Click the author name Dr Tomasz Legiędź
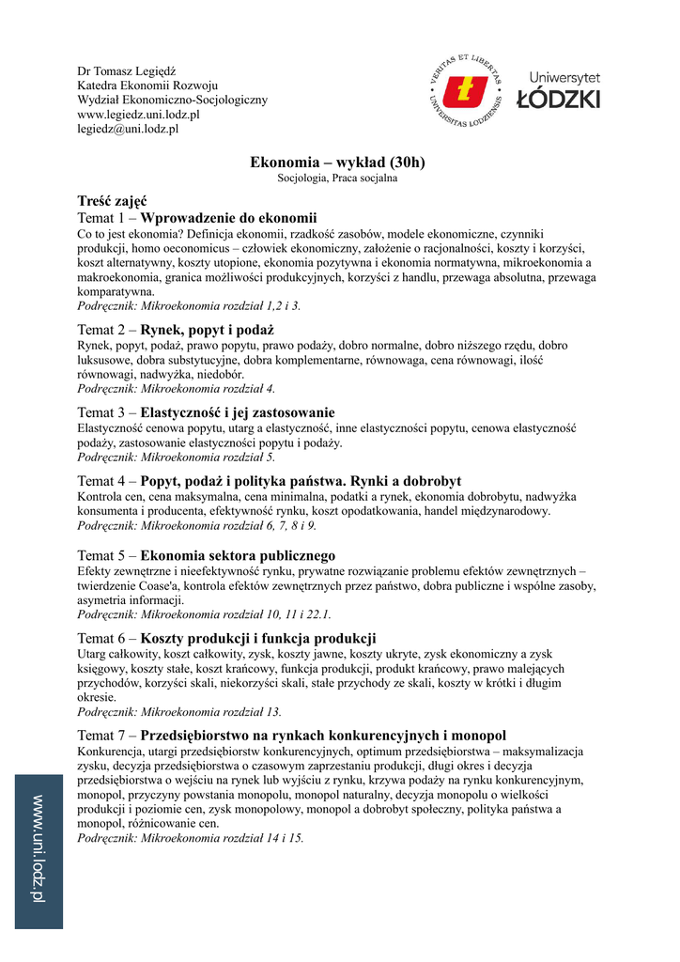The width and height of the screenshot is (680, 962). [132, 71]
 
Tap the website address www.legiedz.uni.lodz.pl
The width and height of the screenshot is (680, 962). [138, 115]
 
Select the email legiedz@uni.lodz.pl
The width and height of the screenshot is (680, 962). [128, 130]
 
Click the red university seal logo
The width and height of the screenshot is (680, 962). [464, 91]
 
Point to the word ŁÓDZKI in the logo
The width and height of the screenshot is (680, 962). [564, 100]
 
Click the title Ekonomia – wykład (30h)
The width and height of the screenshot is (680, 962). [337, 163]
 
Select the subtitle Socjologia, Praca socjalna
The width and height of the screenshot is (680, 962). [337, 178]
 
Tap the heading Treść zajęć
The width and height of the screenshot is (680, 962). [112, 201]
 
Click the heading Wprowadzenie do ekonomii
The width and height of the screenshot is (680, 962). [229, 217]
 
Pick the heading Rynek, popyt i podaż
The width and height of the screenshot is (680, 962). [207, 330]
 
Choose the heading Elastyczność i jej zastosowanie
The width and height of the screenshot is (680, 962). [238, 412]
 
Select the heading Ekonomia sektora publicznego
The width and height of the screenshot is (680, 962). [238, 555]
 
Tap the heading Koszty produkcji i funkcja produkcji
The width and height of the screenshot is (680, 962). [258, 638]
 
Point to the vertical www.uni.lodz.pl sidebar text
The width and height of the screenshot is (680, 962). [39, 848]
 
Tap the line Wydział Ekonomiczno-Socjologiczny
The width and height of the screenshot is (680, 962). [172, 100]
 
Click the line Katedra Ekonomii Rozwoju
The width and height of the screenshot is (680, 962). [147, 85]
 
